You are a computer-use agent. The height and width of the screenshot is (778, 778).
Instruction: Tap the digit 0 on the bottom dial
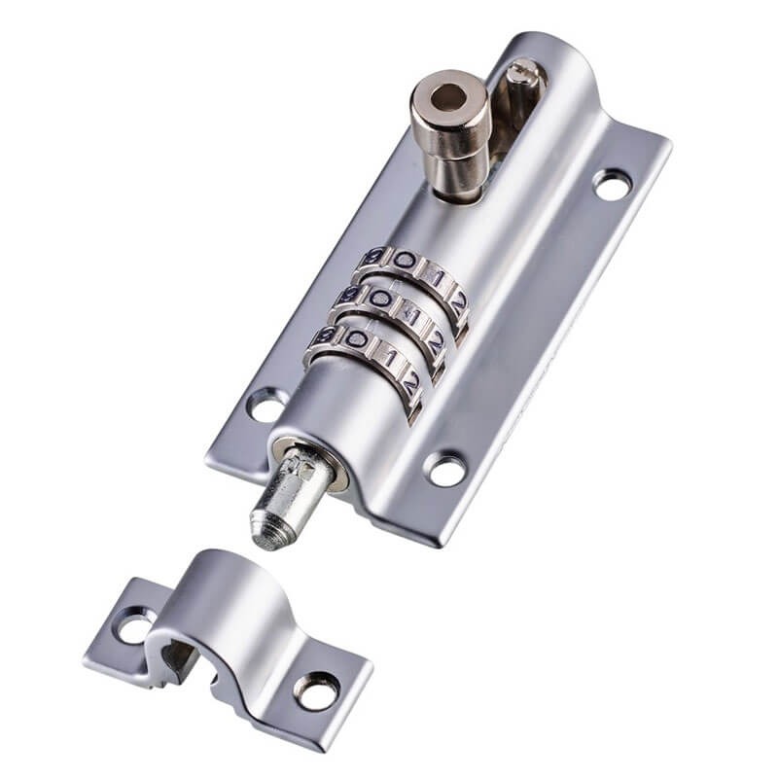(357, 339)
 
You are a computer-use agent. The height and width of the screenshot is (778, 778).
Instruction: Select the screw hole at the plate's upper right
(612, 184)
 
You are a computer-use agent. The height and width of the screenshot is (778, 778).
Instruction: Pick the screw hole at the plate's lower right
(445, 470)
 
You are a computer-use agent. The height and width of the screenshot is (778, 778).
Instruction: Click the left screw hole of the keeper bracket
(134, 624)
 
